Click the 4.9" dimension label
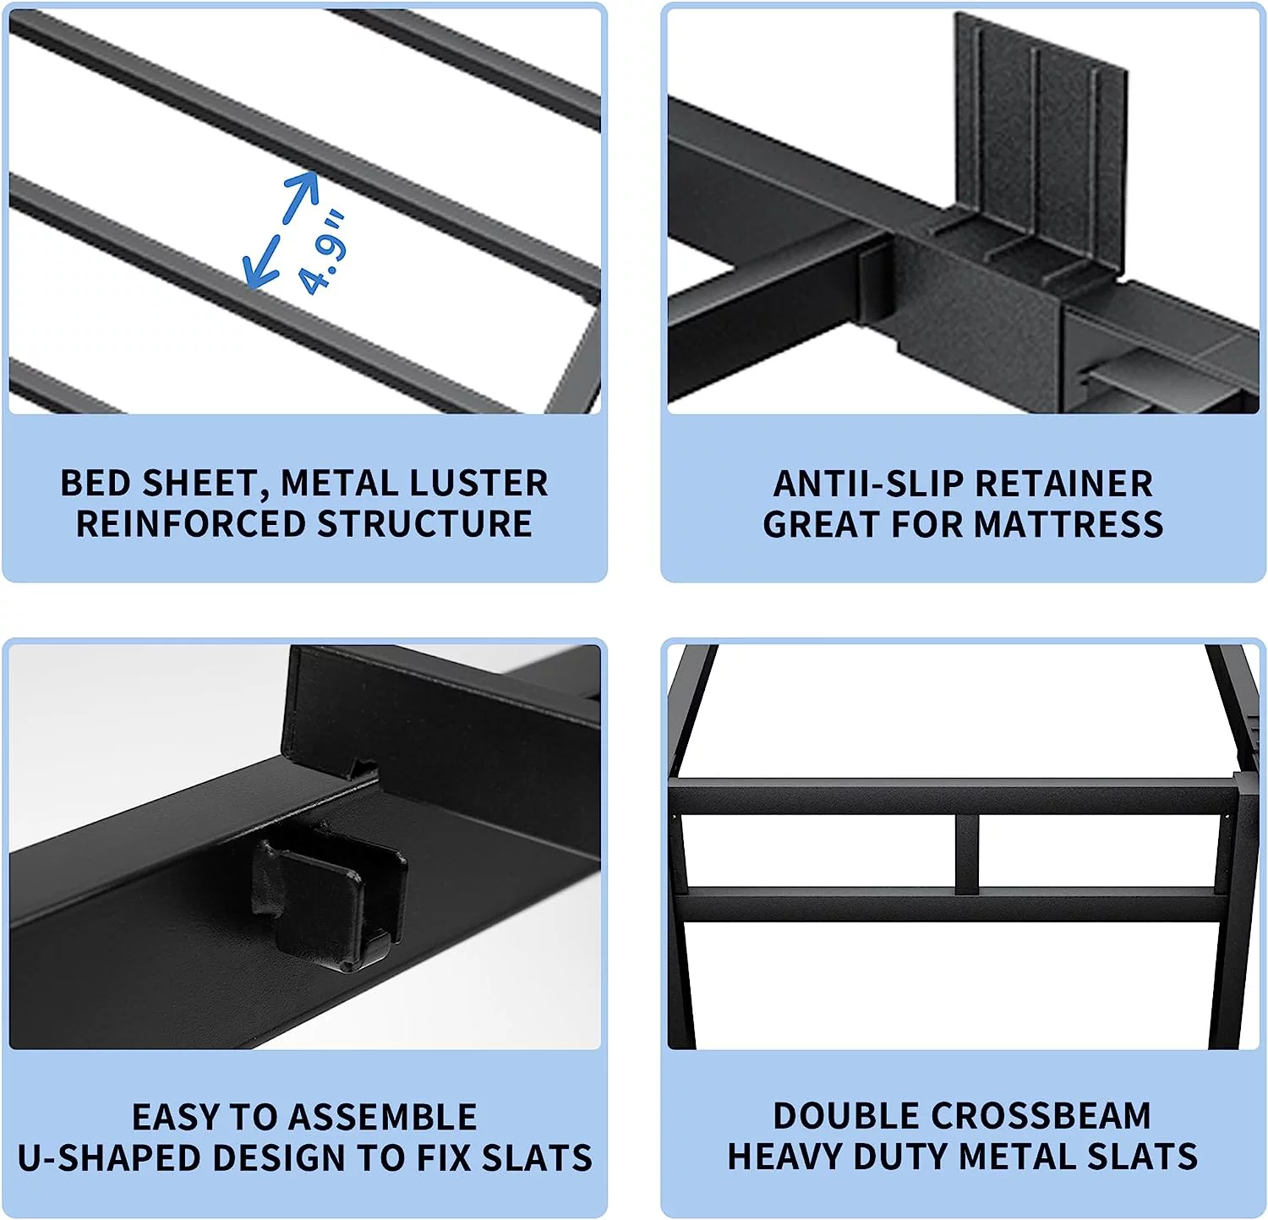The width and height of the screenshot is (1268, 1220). pyautogui.click(x=323, y=252)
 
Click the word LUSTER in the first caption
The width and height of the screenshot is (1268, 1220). pyautogui.click(x=480, y=484)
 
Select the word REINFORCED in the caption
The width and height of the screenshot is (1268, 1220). pyautogui.click(x=190, y=524)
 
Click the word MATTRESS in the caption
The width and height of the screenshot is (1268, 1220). pyautogui.click(x=1069, y=525)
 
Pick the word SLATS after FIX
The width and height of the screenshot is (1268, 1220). pyautogui.click(x=537, y=1158)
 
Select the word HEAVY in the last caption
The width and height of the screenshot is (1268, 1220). pyautogui.click(x=785, y=1157)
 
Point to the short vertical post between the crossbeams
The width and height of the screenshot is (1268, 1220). pyautogui.click(x=968, y=854)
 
